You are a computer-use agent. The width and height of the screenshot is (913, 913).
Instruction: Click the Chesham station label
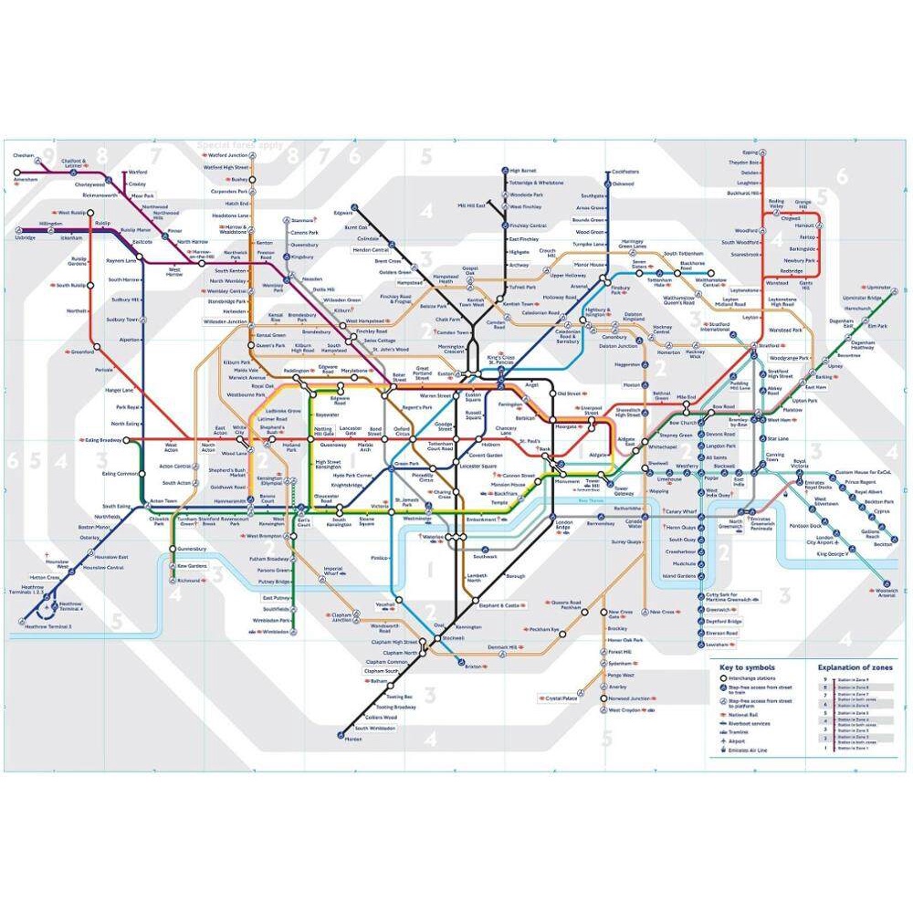(23, 155)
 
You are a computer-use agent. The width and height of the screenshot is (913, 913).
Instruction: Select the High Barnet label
(524, 171)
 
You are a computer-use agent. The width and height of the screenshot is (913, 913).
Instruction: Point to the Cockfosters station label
(625, 172)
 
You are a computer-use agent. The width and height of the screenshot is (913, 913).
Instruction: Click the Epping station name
(750, 152)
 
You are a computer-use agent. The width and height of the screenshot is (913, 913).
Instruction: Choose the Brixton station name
(472, 666)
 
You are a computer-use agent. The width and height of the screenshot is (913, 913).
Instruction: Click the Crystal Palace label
(561, 698)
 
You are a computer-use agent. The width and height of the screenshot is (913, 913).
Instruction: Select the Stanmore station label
(306, 220)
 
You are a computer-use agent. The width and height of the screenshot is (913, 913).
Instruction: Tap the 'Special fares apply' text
(238, 144)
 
